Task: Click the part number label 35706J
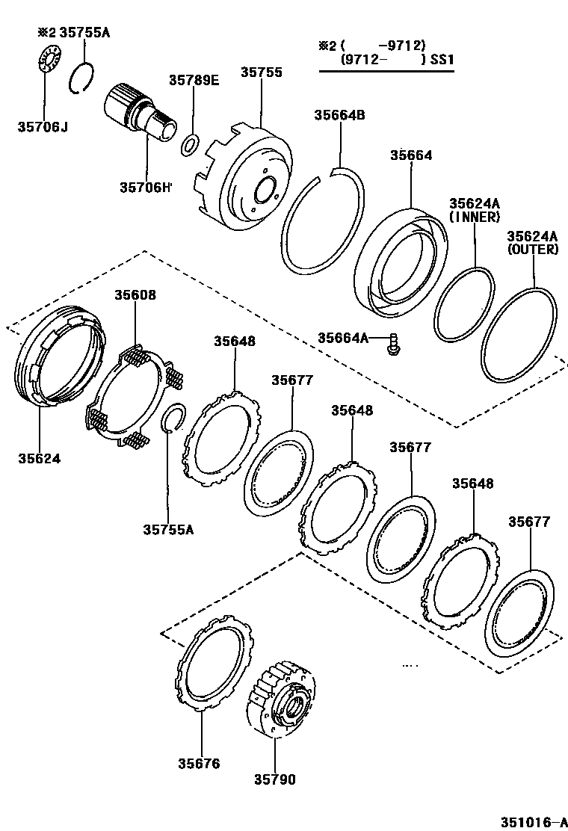click(x=43, y=127)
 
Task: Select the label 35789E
click(x=194, y=80)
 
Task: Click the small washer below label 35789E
click(x=190, y=143)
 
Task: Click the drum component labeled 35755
click(x=247, y=179)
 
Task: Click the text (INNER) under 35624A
click(x=474, y=217)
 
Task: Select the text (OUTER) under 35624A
click(x=533, y=250)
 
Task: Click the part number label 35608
click(x=135, y=294)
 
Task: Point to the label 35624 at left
click(x=40, y=457)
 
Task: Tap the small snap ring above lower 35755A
click(x=174, y=418)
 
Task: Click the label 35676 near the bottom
click(x=199, y=763)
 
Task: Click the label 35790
click(x=274, y=779)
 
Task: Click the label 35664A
click(x=343, y=338)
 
